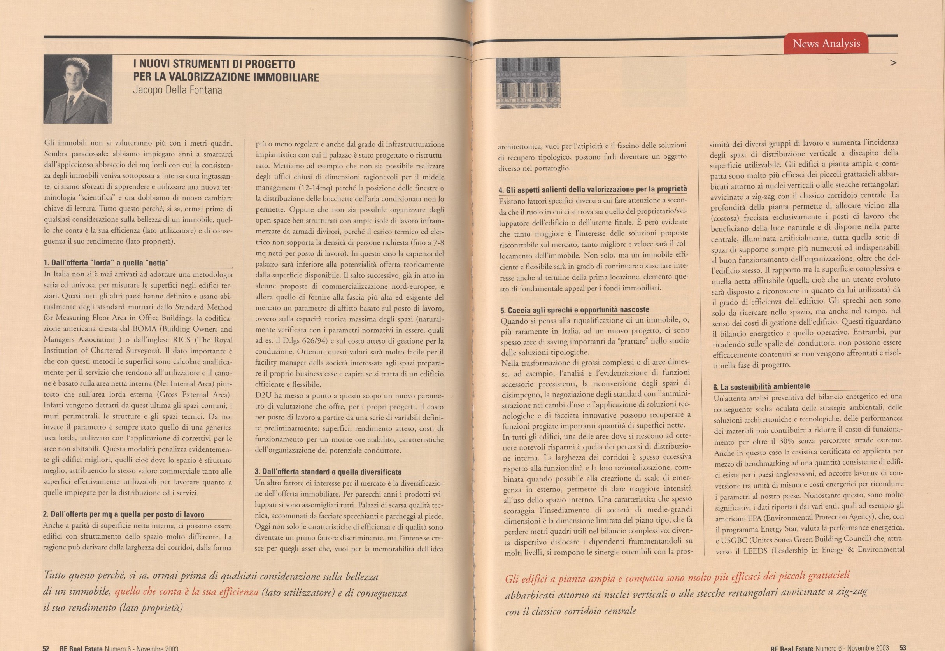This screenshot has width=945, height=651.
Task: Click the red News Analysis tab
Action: (x=826, y=43)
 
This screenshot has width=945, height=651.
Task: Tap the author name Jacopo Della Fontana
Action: (x=177, y=90)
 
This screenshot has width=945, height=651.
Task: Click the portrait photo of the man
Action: (x=78, y=89)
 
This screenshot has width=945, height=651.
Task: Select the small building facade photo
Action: (x=528, y=83)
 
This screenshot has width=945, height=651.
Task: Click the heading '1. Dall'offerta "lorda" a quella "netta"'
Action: (x=106, y=263)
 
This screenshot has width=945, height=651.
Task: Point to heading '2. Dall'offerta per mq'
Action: (x=124, y=514)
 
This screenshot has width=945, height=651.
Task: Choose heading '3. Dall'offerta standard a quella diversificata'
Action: (x=328, y=472)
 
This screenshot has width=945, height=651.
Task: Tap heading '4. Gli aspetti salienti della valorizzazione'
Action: (x=592, y=190)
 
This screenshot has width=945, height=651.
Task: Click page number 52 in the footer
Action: (x=46, y=648)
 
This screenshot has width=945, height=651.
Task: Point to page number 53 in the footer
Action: (x=903, y=647)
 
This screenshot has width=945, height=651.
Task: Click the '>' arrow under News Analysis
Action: (x=893, y=63)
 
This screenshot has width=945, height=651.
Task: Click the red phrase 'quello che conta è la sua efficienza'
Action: (x=186, y=592)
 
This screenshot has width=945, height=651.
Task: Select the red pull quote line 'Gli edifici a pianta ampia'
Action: (x=677, y=577)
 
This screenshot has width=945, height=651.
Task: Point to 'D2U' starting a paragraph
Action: (x=263, y=396)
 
